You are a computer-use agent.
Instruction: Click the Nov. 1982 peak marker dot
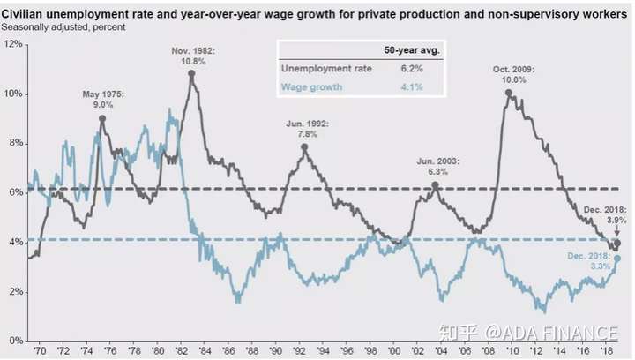pyautogui.click(x=191, y=74)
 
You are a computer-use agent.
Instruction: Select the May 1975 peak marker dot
pyautogui.click(x=102, y=118)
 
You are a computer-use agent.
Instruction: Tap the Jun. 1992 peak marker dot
pyautogui.click(x=304, y=147)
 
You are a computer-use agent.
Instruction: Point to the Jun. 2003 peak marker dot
pyautogui.click(x=436, y=185)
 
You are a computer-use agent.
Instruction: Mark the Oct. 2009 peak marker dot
pyautogui.click(x=509, y=94)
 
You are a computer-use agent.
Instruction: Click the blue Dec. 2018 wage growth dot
pyautogui.click(x=617, y=259)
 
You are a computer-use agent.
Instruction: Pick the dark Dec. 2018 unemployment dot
pyautogui.click(x=617, y=243)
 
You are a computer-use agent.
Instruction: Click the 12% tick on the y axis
pyautogui.click(x=13, y=44)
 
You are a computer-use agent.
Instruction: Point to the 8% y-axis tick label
pyautogui.click(x=16, y=143)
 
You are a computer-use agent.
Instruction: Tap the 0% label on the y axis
pyautogui.click(x=16, y=341)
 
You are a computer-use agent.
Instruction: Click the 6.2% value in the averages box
pyautogui.click(x=412, y=69)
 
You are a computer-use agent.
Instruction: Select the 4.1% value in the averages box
pyautogui.click(x=412, y=87)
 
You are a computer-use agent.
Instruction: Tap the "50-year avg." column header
pyautogui.click(x=412, y=50)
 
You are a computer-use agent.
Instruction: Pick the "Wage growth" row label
pyautogui.click(x=311, y=87)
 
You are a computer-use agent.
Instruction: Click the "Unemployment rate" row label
pyautogui.click(x=326, y=69)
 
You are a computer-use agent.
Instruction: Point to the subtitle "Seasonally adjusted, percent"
pyautogui.click(x=63, y=27)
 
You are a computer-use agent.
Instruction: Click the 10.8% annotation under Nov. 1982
pyautogui.click(x=193, y=62)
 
